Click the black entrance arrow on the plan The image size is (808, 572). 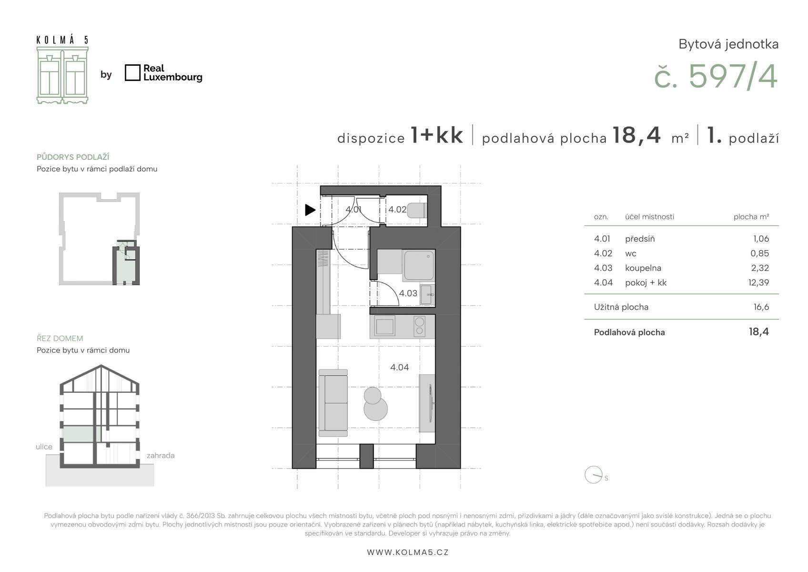[310, 210]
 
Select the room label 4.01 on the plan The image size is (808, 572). [353, 209]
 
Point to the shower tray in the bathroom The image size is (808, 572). [419, 266]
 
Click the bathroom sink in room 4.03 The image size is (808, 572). [428, 295]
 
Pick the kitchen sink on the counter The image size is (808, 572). [385, 326]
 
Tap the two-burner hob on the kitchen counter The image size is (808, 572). [419, 326]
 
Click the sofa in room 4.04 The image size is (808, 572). [333, 403]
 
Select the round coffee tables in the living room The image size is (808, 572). [375, 404]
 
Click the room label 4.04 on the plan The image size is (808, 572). [399, 368]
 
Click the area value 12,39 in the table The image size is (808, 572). [758, 282]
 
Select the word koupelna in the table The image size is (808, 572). [643, 268]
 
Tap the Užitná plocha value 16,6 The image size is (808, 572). [761, 307]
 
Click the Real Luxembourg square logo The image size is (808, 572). [132, 72]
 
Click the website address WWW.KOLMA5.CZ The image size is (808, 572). [408, 552]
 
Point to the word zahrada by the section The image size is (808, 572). [161, 455]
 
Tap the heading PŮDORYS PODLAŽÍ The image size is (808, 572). [73, 157]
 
